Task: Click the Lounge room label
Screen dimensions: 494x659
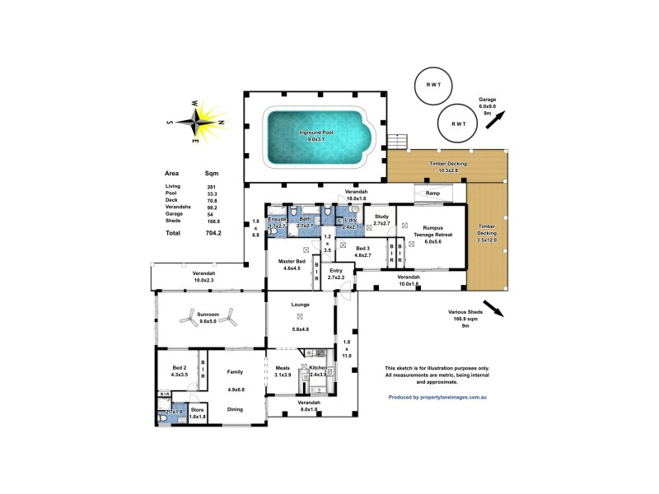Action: click(x=300, y=305)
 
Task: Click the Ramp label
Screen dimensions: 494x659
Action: click(x=432, y=193)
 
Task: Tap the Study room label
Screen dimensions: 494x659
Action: click(x=381, y=217)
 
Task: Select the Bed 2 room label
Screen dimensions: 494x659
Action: click(x=180, y=368)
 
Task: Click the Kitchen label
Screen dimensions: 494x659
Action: click(x=318, y=367)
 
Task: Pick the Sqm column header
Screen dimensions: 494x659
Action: click(x=212, y=174)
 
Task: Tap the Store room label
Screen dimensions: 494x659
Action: click(x=197, y=408)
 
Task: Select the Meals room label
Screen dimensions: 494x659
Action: click(x=283, y=367)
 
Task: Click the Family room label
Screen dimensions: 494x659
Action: click(x=235, y=372)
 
